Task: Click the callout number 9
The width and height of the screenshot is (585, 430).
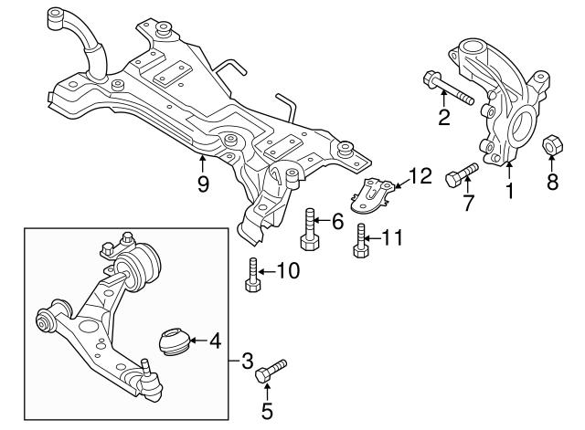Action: pos(203,184)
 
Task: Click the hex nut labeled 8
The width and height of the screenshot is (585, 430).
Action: pos(553,145)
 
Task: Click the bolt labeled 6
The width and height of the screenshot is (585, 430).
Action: pos(309,230)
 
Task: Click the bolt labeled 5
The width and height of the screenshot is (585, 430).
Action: pos(270,370)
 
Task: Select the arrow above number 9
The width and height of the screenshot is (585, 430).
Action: pos(203,164)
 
